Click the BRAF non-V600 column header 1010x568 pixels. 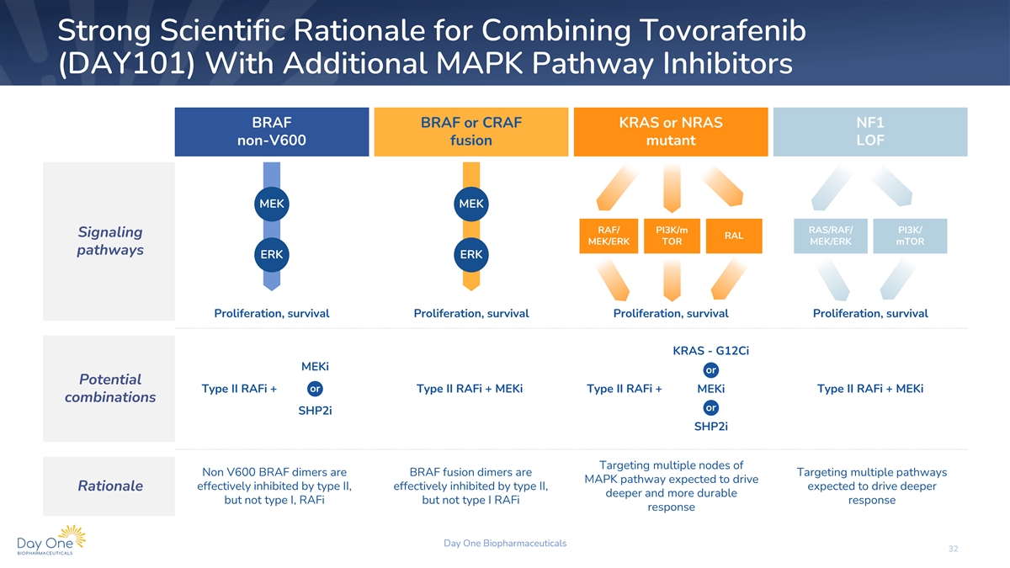(x=271, y=131)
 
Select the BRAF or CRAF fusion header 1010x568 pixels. (x=471, y=131)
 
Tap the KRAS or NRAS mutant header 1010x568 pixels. (x=671, y=131)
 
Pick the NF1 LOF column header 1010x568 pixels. (x=870, y=131)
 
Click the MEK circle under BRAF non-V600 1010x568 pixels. (x=271, y=204)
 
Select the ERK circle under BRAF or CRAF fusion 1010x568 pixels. (x=471, y=255)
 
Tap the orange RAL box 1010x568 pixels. (x=734, y=236)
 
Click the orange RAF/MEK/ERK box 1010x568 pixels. (x=609, y=236)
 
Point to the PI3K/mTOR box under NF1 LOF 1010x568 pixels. (x=910, y=236)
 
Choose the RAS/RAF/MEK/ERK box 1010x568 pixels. (x=831, y=236)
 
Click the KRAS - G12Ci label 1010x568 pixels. (x=710, y=351)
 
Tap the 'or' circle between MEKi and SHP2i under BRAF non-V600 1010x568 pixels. (x=315, y=389)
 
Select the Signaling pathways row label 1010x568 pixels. (x=110, y=241)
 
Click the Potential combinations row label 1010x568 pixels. (x=110, y=388)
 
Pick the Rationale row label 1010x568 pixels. (x=110, y=486)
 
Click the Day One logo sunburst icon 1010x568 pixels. (x=72, y=536)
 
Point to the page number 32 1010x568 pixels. (x=953, y=549)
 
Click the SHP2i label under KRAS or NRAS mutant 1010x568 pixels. (x=710, y=427)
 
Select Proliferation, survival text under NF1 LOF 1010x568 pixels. (x=870, y=313)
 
